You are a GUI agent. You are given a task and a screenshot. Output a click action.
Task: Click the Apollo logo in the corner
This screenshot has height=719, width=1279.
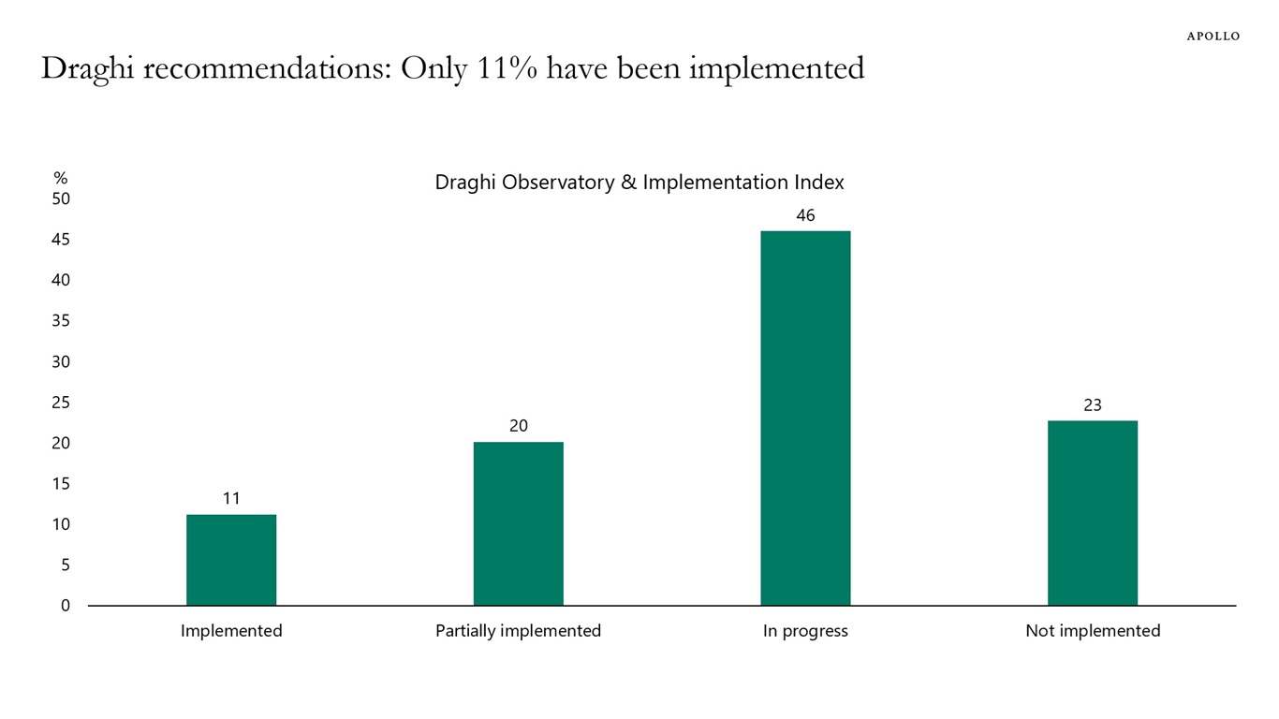coord(1213,37)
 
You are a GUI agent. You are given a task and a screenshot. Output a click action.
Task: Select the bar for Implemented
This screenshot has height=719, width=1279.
coord(231,560)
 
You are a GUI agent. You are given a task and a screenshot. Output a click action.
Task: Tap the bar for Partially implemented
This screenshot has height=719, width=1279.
coord(518,523)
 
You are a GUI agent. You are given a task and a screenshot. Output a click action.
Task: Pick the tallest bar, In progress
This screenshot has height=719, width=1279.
coord(805,418)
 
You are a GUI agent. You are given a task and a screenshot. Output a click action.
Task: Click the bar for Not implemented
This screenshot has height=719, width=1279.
coord(1092,513)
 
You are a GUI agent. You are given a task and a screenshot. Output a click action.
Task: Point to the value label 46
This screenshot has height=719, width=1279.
coord(805,215)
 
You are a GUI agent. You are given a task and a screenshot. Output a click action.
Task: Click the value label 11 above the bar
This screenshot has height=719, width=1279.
coord(231,499)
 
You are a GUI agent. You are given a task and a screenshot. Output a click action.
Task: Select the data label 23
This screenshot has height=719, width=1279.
coord(1092,405)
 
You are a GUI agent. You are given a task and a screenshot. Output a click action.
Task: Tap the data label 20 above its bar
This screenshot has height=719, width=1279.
coord(518,426)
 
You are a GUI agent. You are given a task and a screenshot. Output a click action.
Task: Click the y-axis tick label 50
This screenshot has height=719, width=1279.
coord(61,198)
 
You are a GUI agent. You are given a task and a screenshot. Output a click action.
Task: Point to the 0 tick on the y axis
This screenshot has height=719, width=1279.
coord(66,606)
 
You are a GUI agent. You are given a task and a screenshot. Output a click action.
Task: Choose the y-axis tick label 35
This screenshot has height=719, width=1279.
coord(61,321)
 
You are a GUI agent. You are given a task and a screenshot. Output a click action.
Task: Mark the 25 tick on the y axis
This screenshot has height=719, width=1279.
coord(61,403)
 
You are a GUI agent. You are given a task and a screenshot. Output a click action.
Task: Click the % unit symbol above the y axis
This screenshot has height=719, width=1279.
coord(61,178)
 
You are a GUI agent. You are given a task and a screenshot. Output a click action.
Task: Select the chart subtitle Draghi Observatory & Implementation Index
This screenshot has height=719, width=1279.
coord(639,183)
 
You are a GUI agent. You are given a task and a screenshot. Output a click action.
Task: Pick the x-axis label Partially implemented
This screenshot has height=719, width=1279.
coord(518,631)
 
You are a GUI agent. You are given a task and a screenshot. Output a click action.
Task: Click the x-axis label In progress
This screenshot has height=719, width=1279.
coord(805,631)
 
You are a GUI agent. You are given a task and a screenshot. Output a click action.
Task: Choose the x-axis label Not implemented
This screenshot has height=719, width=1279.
coord(1092,631)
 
